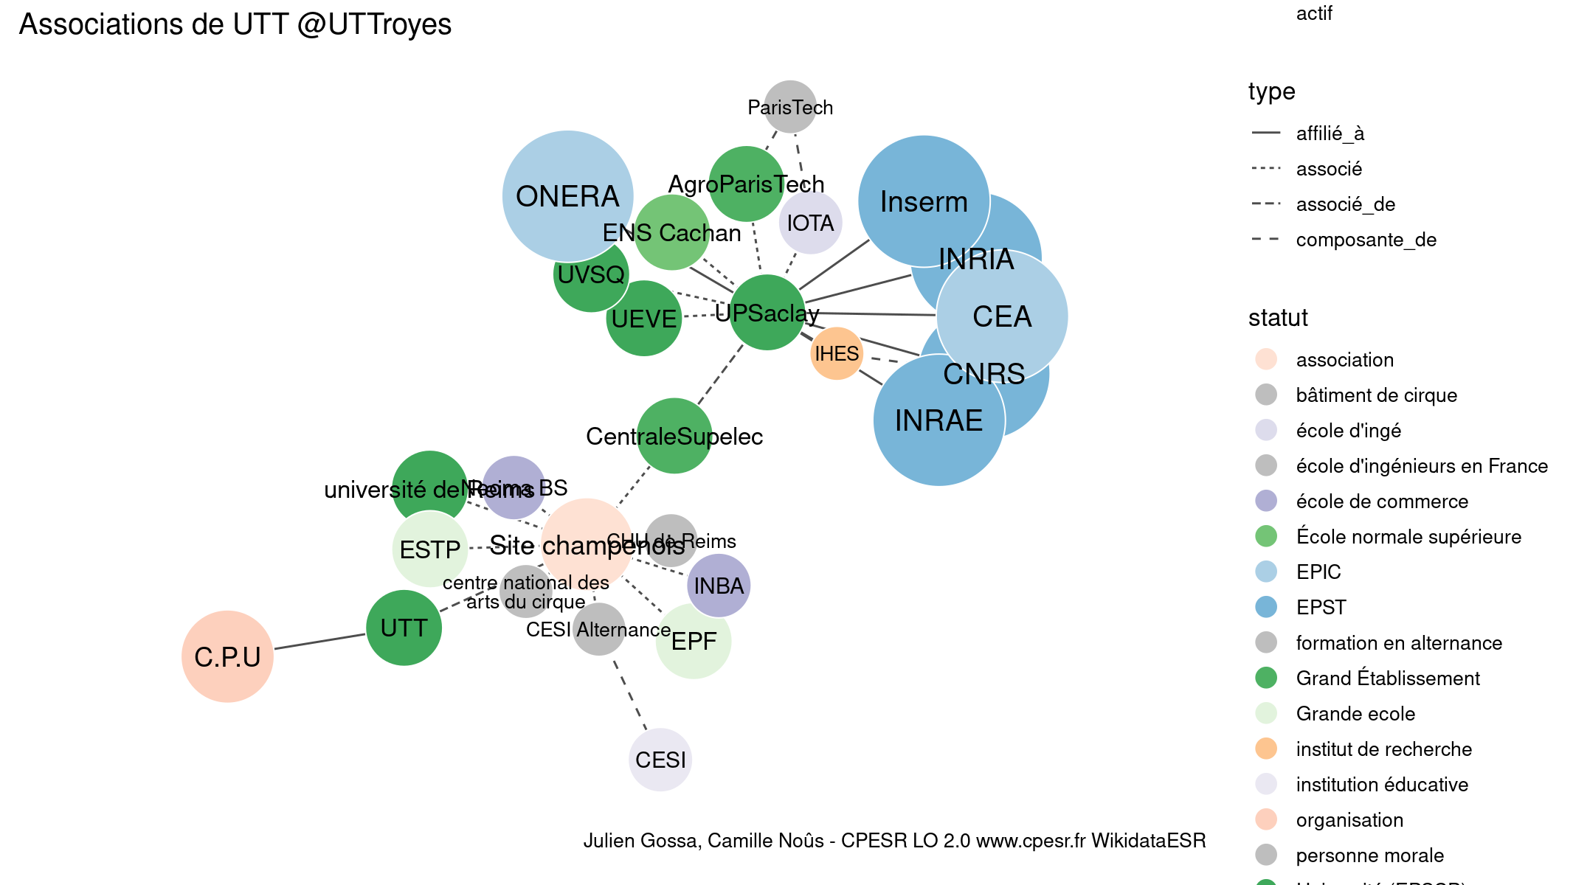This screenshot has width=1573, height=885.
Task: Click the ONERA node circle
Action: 567,195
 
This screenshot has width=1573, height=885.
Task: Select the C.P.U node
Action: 227,656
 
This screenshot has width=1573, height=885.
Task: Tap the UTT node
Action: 404,628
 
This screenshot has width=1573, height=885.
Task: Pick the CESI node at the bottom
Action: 660,760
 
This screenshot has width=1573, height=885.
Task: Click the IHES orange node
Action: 837,353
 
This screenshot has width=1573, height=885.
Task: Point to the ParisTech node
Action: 790,107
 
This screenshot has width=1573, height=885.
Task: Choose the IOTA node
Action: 810,223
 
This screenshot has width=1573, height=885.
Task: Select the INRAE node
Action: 938,420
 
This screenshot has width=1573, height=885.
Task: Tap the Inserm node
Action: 924,201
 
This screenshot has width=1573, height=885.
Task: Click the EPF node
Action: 694,642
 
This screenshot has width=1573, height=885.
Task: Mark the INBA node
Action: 719,586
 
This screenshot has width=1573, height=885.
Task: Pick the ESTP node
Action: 429,549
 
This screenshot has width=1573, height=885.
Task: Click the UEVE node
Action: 644,319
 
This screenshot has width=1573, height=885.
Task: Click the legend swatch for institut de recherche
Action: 1266,749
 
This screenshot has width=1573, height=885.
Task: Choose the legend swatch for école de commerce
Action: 1266,501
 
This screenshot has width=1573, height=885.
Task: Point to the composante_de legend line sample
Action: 1266,239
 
